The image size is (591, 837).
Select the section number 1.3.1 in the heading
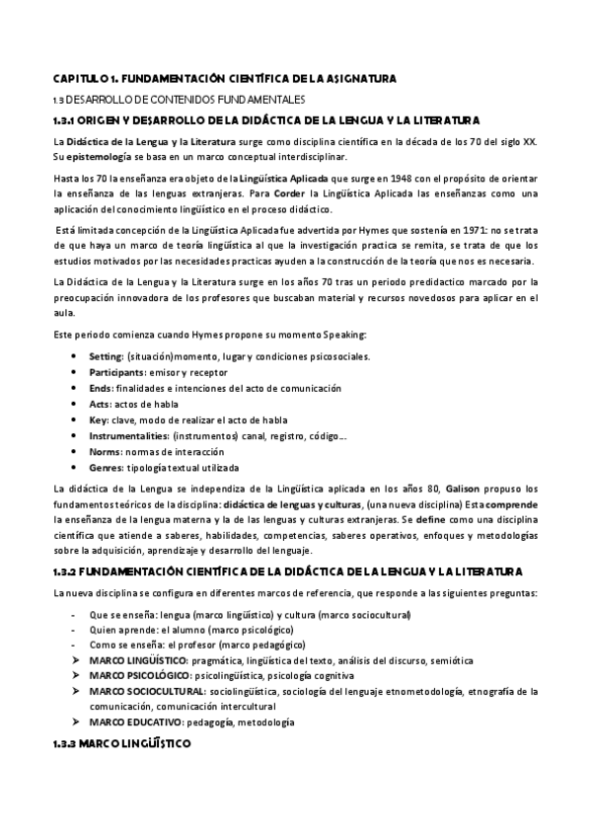tap(66, 120)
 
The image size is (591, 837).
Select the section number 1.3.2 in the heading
tap(67, 573)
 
